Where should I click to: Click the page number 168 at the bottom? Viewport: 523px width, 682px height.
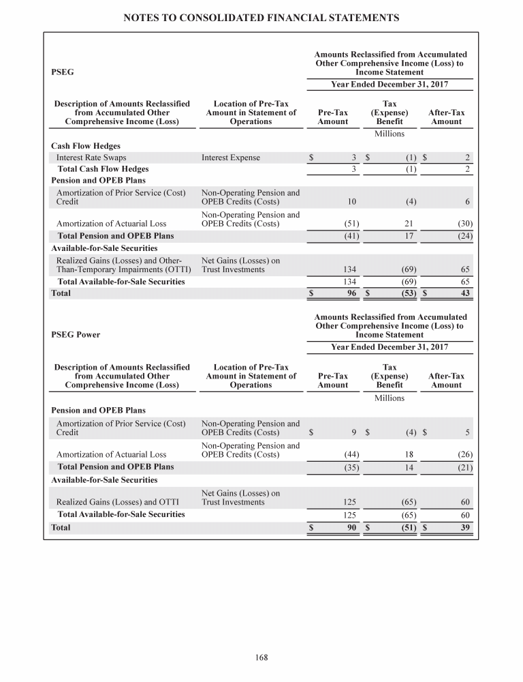261,657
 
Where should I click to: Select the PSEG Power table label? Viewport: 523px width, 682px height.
76,335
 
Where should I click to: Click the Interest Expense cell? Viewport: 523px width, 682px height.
231,158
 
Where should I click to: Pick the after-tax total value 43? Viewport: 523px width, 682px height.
466,293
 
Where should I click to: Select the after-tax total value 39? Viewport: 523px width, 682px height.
466,528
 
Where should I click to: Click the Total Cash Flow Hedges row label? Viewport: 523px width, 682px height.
103,168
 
